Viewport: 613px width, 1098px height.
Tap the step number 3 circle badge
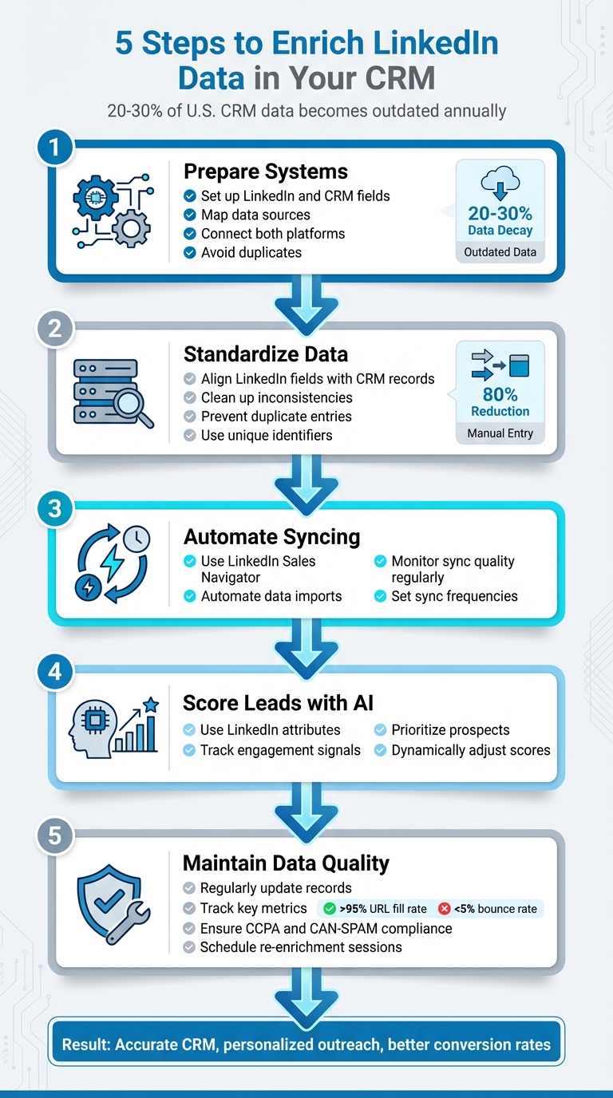tap(55, 508)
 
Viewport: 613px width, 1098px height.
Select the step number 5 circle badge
tap(55, 836)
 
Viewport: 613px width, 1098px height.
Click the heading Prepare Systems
tap(266, 172)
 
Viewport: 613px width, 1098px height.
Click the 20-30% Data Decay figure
tap(500, 221)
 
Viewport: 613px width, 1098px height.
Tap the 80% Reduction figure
tap(500, 402)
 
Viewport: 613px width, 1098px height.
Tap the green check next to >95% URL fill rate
tap(328, 909)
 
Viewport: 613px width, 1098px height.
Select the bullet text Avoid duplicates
tap(251, 252)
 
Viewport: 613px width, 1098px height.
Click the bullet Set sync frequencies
tap(453, 596)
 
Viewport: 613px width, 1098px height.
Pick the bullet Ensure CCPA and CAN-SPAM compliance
tap(326, 928)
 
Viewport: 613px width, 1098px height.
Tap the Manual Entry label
tap(500, 434)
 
